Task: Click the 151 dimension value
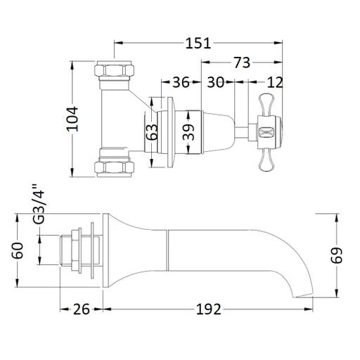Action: point(198,44)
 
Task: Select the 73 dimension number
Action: point(242,63)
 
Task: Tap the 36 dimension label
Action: point(181,82)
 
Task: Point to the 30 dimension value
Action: point(216,82)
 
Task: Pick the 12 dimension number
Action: point(275,82)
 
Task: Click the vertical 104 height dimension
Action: point(72,119)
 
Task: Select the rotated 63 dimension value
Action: point(152,132)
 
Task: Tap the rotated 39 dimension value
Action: point(188,132)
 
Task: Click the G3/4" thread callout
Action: point(38,205)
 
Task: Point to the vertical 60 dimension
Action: point(18,250)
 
